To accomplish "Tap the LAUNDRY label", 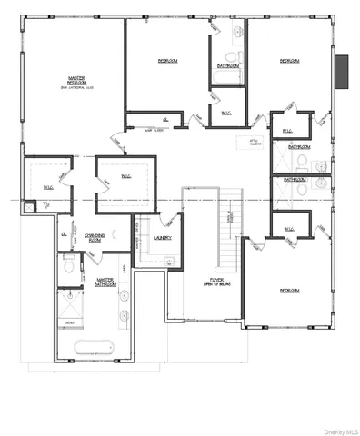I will click(x=164, y=238).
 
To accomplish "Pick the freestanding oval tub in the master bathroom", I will click(x=98, y=347).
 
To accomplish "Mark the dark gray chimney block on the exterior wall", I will click(x=342, y=73).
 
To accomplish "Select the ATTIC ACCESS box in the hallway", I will click(x=245, y=143).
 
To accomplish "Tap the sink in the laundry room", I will click(x=170, y=263).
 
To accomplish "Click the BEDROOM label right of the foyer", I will click(x=289, y=291).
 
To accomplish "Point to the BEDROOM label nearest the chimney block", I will click(x=289, y=61).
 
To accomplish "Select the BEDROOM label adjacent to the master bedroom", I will click(x=166, y=61).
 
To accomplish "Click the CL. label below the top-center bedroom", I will click(x=165, y=118).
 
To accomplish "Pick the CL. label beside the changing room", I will click(x=64, y=233).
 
